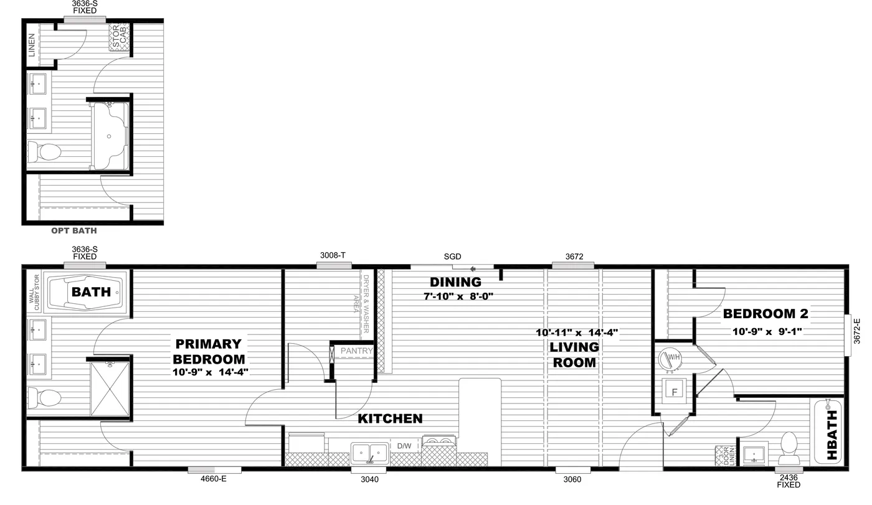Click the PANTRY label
pyautogui.click(x=356, y=351)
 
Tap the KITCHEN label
pyautogui.click(x=390, y=419)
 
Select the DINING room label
pyautogui.click(x=455, y=283)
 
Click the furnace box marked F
pyautogui.click(x=673, y=392)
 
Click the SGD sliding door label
pyautogui.click(x=452, y=257)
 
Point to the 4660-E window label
pyautogui.click(x=213, y=479)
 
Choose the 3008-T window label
pyautogui.click(x=333, y=255)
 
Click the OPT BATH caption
pyautogui.click(x=73, y=231)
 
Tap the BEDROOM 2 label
pyautogui.click(x=765, y=314)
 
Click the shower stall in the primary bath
pyautogui.click(x=110, y=389)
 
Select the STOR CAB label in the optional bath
pyautogui.click(x=118, y=37)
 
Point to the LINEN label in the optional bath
pyautogui.click(x=32, y=45)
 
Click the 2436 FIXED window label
pyautogui.click(x=788, y=481)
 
